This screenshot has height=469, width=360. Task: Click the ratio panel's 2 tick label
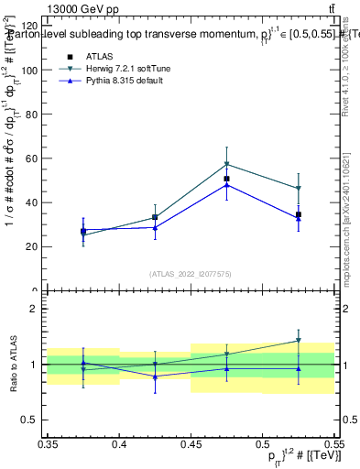[37, 310]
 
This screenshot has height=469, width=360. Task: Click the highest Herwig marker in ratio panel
[298, 341]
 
